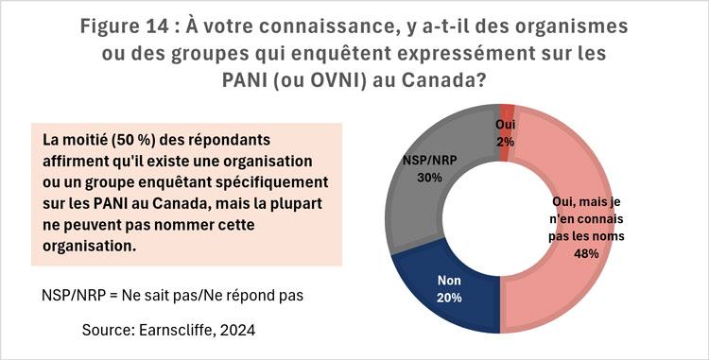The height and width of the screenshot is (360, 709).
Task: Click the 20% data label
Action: (x=449, y=299)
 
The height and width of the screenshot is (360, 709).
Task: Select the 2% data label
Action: (x=507, y=141)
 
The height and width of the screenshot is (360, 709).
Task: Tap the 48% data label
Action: (x=586, y=252)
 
